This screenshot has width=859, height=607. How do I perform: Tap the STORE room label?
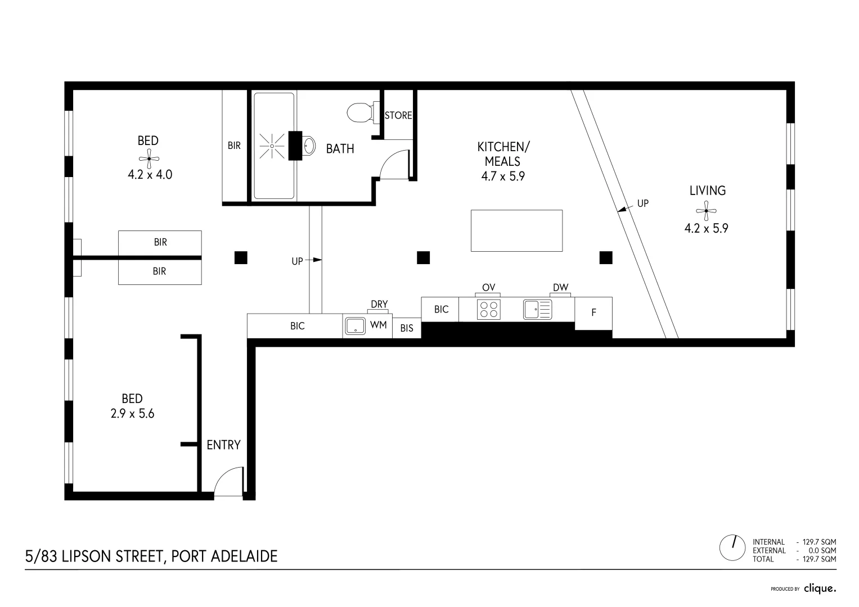pyautogui.click(x=398, y=115)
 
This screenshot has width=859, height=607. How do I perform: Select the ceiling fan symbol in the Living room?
pyautogui.click(x=706, y=211)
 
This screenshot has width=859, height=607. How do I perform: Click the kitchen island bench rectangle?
pyautogui.click(x=516, y=230)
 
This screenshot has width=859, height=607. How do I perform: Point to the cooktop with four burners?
pyautogui.click(x=488, y=310)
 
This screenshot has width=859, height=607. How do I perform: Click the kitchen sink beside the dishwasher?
pyautogui.click(x=538, y=309)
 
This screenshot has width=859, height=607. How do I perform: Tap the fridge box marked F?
pyautogui.click(x=593, y=313)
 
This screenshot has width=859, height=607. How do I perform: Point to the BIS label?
pyautogui.click(x=406, y=328)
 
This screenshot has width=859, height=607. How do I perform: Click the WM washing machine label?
pyautogui.click(x=378, y=325)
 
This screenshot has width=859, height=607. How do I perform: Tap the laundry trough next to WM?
pyautogui.click(x=355, y=326)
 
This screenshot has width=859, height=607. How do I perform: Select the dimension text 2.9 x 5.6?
pyautogui.click(x=133, y=414)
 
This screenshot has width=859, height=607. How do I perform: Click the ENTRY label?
pyautogui.click(x=223, y=445)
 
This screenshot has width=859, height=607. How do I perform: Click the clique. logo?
pyautogui.click(x=820, y=588)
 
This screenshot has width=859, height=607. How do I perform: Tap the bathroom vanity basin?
pyautogui.click(x=308, y=146)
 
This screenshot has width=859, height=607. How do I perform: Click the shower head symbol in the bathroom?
pyautogui.click(x=272, y=146)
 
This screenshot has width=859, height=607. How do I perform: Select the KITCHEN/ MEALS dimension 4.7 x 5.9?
pyautogui.click(x=502, y=176)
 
